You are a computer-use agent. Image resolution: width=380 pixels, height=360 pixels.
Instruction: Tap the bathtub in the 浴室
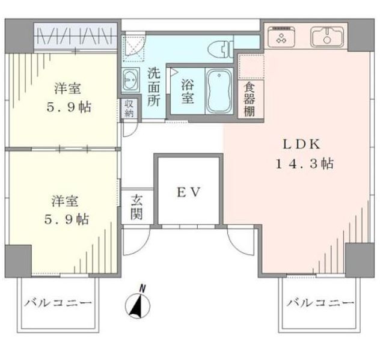[x=219, y=91]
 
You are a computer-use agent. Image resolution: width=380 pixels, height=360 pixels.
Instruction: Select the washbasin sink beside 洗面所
[x=130, y=79]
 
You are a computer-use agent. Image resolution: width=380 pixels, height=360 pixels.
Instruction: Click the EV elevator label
[x=189, y=192]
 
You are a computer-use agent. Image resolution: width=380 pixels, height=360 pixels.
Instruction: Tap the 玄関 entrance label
[x=136, y=207]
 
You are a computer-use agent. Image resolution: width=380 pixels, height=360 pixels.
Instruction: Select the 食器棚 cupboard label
[x=250, y=99]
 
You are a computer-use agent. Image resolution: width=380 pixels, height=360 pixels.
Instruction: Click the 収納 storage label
[x=129, y=108]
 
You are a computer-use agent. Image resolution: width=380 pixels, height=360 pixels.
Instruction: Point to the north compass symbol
[x=138, y=304]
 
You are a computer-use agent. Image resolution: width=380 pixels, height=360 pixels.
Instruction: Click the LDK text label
[x=302, y=145]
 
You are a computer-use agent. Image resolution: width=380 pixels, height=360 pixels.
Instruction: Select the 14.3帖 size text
[x=304, y=163]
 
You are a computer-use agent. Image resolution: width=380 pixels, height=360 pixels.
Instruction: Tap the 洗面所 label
[x=154, y=87]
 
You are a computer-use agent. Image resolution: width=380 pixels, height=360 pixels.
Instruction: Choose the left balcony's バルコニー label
[x=58, y=303]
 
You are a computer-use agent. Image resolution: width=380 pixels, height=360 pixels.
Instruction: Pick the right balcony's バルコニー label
[x=320, y=302]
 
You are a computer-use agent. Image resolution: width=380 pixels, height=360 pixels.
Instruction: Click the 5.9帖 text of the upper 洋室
[x=69, y=107]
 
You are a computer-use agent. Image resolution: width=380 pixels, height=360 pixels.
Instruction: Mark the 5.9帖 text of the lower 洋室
[x=67, y=219]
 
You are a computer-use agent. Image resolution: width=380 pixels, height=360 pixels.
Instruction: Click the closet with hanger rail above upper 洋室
[x=75, y=36]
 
